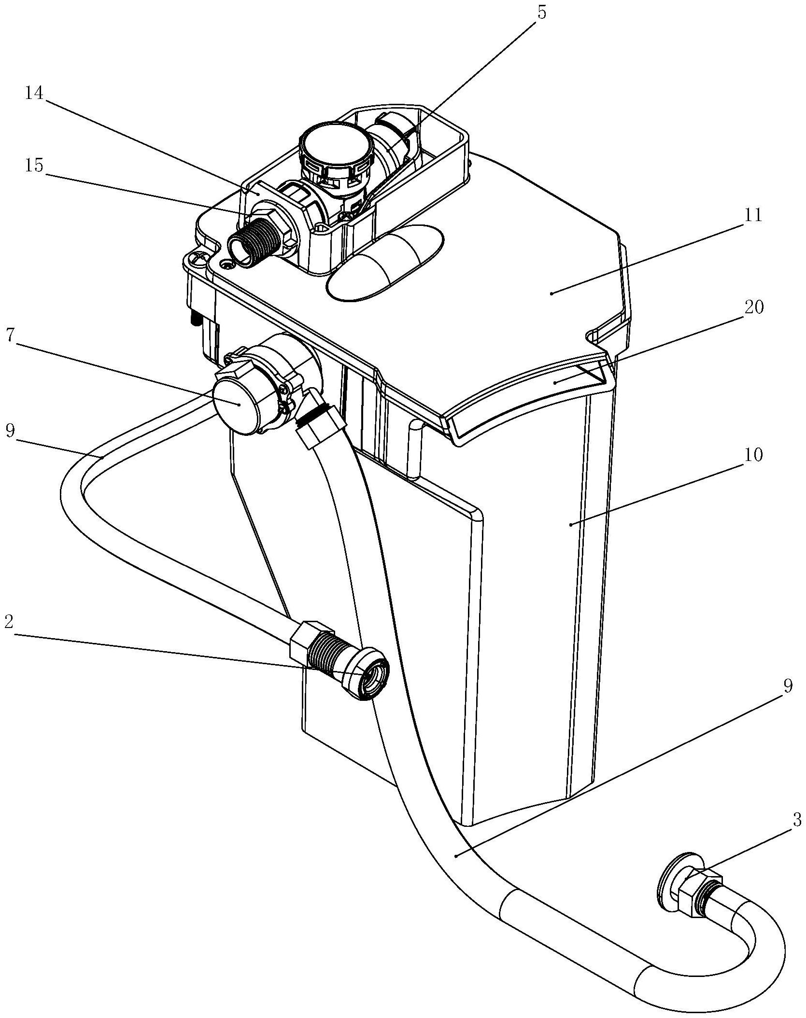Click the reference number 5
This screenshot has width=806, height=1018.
541,13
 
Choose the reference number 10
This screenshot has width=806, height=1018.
752,455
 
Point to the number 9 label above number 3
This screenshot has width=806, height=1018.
788,687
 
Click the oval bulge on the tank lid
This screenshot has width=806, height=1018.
384,262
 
